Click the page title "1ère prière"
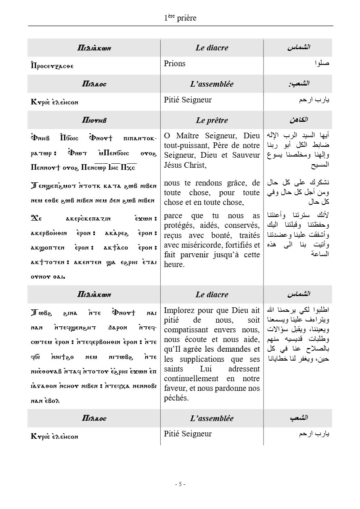180,18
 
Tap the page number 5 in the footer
180,484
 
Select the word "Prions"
175,63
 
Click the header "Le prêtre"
212,120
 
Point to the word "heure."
174,265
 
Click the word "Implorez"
179,310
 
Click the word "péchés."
177,398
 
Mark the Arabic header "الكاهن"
299,120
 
